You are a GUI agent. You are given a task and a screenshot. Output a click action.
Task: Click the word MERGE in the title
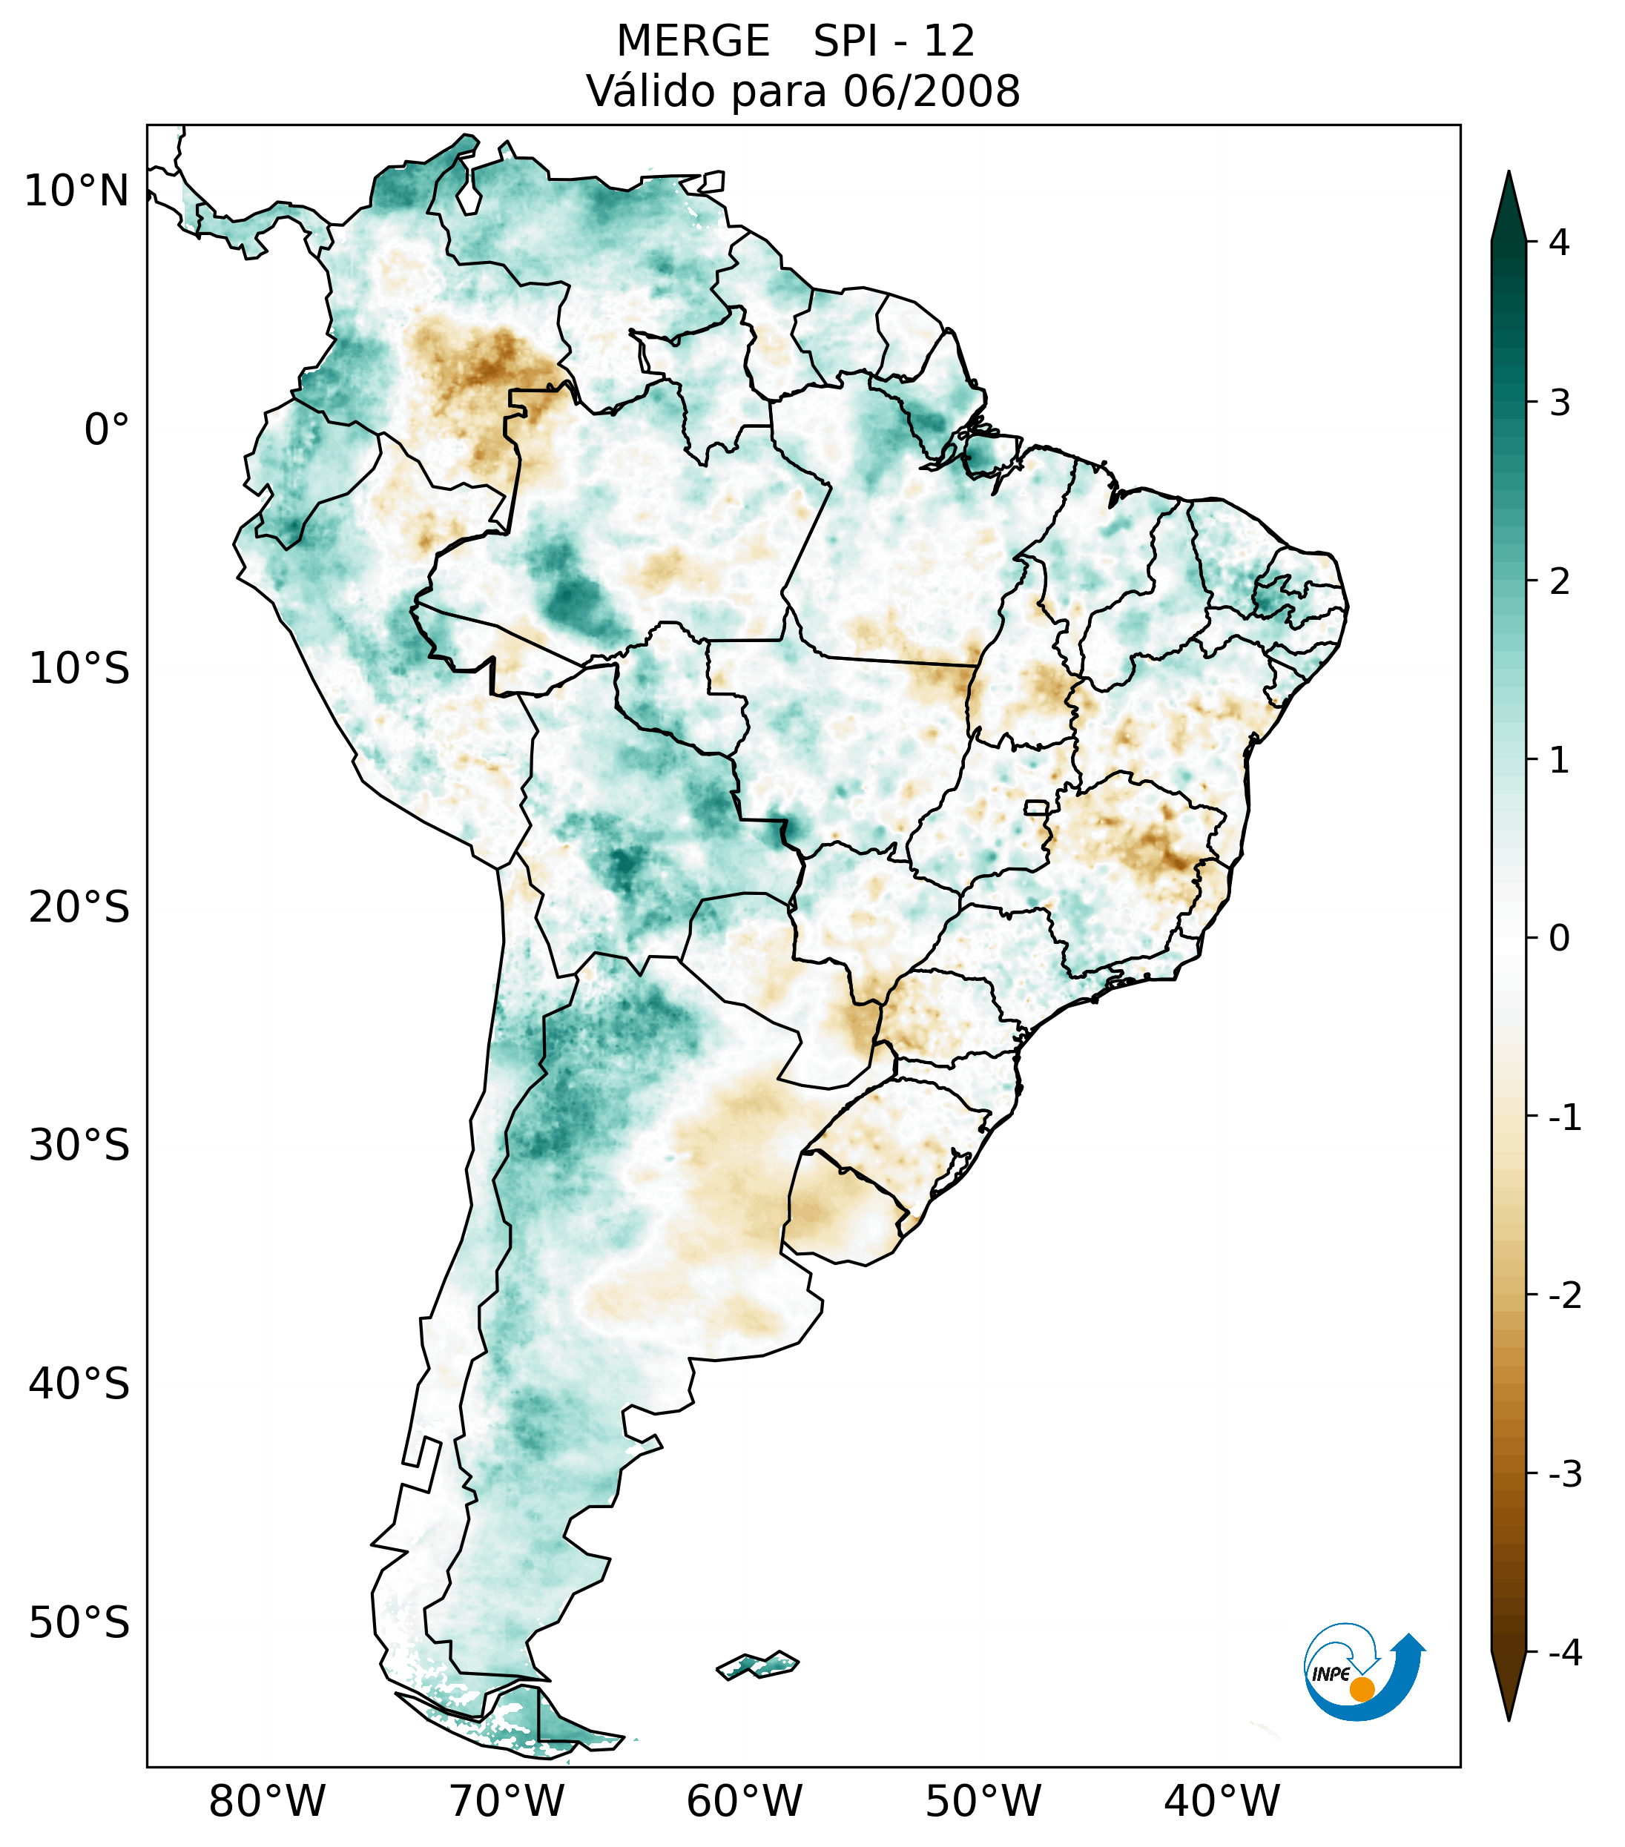pyautogui.click(x=693, y=42)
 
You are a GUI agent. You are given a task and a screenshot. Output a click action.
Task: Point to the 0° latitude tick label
pyautogui.click(x=106, y=430)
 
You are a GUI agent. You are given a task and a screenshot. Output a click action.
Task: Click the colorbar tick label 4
pyautogui.click(x=1559, y=242)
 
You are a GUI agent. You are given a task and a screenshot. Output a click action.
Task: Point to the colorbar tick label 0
pyautogui.click(x=1559, y=939)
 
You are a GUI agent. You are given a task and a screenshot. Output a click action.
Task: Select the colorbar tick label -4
pyautogui.click(x=1564, y=1653)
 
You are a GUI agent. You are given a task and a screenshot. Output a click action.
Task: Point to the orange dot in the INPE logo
pyautogui.click(x=1361, y=1689)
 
